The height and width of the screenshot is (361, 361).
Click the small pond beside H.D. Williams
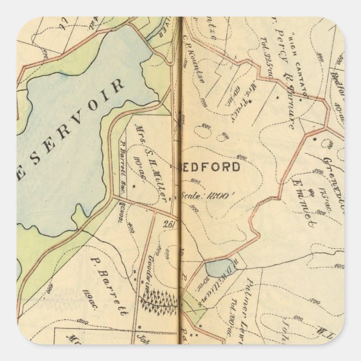click(x=215, y=269)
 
